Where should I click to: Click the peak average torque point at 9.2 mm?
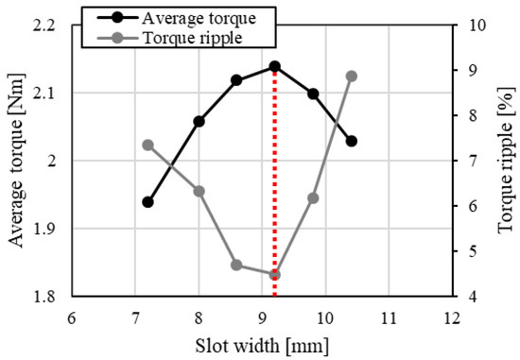click(x=274, y=66)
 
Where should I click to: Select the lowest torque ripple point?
click(x=274, y=275)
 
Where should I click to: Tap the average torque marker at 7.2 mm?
click(x=147, y=202)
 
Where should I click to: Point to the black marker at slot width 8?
click(x=199, y=121)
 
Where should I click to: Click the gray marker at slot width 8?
click(x=199, y=191)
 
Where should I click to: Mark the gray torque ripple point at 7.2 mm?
click(x=147, y=145)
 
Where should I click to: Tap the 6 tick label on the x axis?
click(x=72, y=317)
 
